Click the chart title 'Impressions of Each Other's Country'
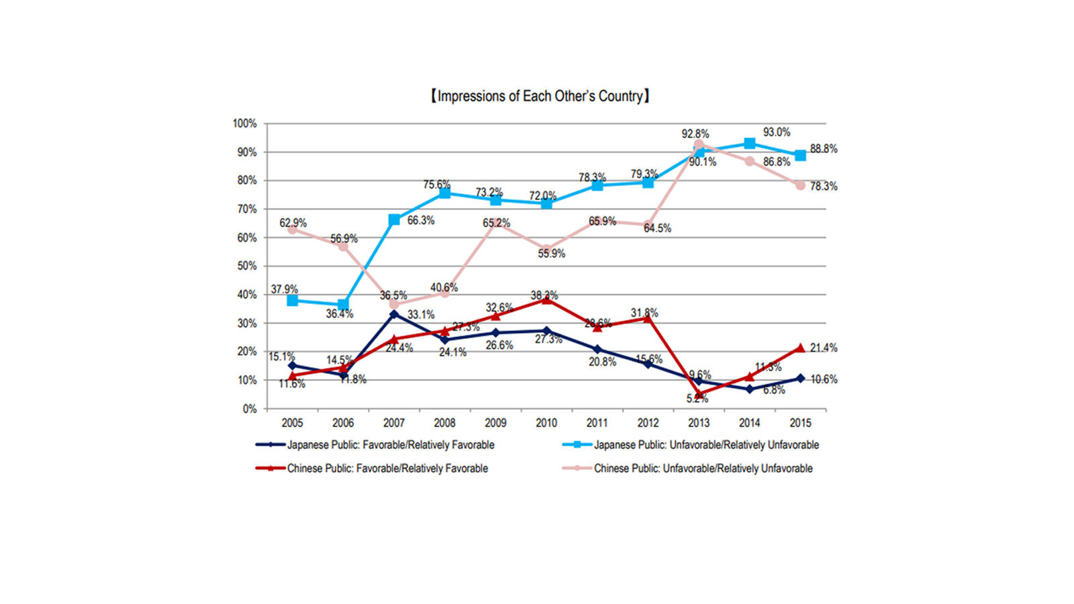[540, 97]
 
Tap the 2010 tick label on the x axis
[546, 423]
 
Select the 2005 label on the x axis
[292, 423]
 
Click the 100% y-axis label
[244, 123]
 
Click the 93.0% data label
[777, 132]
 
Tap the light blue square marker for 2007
[394, 219]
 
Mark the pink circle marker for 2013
[699, 144]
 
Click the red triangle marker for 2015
[800, 348]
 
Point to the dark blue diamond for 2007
[394, 314]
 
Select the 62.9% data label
[293, 223]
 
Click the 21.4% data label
[824, 348]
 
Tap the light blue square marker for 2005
[292, 301]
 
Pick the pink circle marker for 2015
[800, 185]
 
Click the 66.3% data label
[421, 220]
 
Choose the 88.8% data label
[824, 149]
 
